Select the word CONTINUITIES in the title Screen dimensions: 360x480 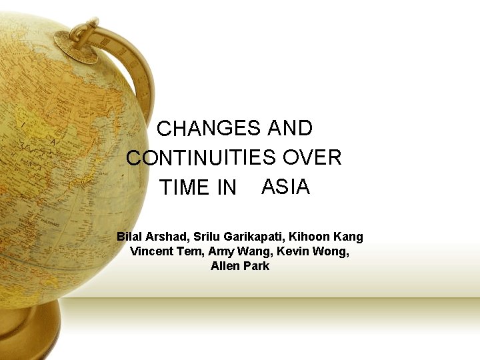click(201, 158)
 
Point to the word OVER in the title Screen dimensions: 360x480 click(312, 157)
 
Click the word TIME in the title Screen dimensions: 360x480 click(184, 188)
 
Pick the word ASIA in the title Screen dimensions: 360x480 click(286, 187)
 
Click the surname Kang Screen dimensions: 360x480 click(350, 237)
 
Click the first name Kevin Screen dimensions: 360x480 click(291, 251)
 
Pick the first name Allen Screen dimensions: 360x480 click(224, 266)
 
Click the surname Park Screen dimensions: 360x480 click(257, 266)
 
